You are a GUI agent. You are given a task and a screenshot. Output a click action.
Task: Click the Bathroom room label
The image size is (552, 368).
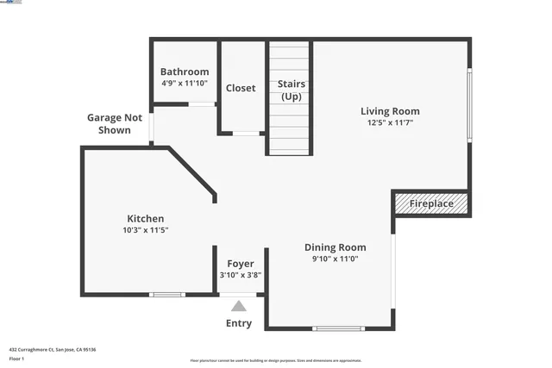click(185, 72)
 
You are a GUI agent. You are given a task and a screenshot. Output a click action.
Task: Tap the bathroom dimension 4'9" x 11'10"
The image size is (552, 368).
click(185, 83)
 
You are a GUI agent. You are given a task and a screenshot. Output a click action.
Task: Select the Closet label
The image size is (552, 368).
click(241, 88)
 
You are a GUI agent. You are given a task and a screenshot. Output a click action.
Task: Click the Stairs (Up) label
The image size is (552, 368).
click(291, 90)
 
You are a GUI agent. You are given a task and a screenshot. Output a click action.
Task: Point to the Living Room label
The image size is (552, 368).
click(390, 111)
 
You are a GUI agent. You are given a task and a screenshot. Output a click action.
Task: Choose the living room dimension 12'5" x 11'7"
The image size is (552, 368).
click(390, 123)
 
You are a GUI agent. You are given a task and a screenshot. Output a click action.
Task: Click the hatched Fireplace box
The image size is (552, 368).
click(431, 204)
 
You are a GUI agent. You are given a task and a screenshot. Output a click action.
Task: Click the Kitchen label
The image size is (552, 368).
click(146, 219)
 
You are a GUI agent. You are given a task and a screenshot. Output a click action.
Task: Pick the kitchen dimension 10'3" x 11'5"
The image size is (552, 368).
click(146, 230)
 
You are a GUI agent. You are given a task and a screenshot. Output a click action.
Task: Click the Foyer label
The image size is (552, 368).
click(241, 264)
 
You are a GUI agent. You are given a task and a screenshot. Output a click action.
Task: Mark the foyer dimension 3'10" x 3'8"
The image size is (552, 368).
click(241, 275)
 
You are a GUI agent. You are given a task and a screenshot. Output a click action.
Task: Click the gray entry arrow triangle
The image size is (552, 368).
click(239, 306)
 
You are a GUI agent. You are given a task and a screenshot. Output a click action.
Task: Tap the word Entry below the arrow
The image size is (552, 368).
click(239, 324)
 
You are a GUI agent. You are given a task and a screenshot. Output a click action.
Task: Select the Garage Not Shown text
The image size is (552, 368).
click(109, 124)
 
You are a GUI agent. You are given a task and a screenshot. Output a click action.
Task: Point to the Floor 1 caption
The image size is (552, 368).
click(16, 358)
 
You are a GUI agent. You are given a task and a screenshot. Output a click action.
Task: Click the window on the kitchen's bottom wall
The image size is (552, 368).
click(166, 295)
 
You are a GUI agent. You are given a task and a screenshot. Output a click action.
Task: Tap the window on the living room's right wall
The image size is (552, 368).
click(469, 104)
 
